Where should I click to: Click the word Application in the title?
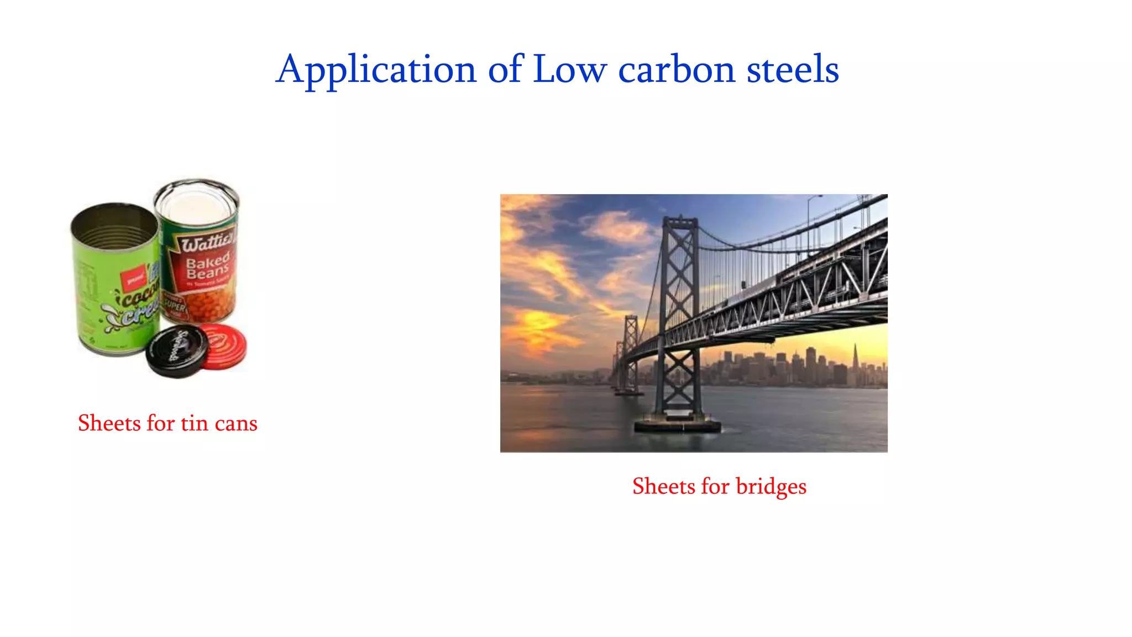pos(376,70)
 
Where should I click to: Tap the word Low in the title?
pos(569,70)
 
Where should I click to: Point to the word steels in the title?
pos(793,70)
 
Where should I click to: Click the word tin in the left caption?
pos(195,424)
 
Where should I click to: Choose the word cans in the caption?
pos(236,424)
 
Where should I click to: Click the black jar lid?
pos(176,351)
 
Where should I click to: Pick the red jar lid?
pos(224,346)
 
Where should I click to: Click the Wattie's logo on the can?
pos(206,243)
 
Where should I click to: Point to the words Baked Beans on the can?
pos(207,267)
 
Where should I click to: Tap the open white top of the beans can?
pos(196,202)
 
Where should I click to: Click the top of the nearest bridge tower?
pos(680,221)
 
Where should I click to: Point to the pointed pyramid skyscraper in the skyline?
pos(855,359)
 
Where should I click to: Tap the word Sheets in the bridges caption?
pos(663,487)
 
